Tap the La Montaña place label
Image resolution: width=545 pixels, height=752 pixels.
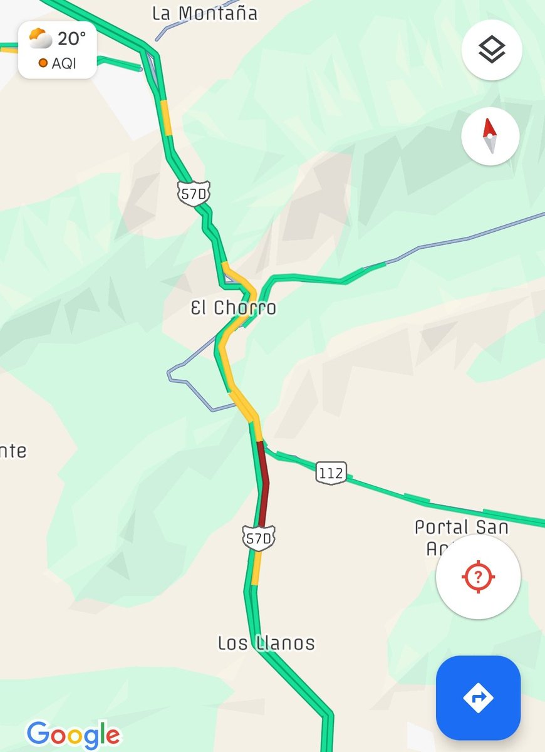tap(205, 14)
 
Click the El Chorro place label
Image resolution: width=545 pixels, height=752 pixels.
tap(234, 308)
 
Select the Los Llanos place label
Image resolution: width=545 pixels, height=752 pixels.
tap(266, 643)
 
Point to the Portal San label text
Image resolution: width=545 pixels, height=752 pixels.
tap(461, 528)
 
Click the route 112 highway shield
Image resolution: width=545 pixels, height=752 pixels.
tap(331, 473)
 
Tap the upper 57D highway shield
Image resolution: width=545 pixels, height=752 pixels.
tap(192, 194)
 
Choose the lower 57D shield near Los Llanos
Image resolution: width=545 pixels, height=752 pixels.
tap(259, 538)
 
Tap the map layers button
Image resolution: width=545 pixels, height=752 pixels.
tap(492, 50)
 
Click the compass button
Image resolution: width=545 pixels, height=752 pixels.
tap(490, 136)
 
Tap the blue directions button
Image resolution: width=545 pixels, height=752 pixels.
tap(478, 697)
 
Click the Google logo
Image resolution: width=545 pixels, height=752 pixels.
tap(73, 734)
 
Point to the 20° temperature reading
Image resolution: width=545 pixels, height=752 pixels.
tap(71, 39)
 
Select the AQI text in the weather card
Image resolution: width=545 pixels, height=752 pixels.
tap(64, 63)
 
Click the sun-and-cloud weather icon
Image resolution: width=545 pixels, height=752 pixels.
tap(41, 39)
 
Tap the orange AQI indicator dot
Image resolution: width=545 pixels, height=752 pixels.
tap(43, 63)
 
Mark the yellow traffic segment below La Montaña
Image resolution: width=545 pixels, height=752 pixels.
tap(166, 117)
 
